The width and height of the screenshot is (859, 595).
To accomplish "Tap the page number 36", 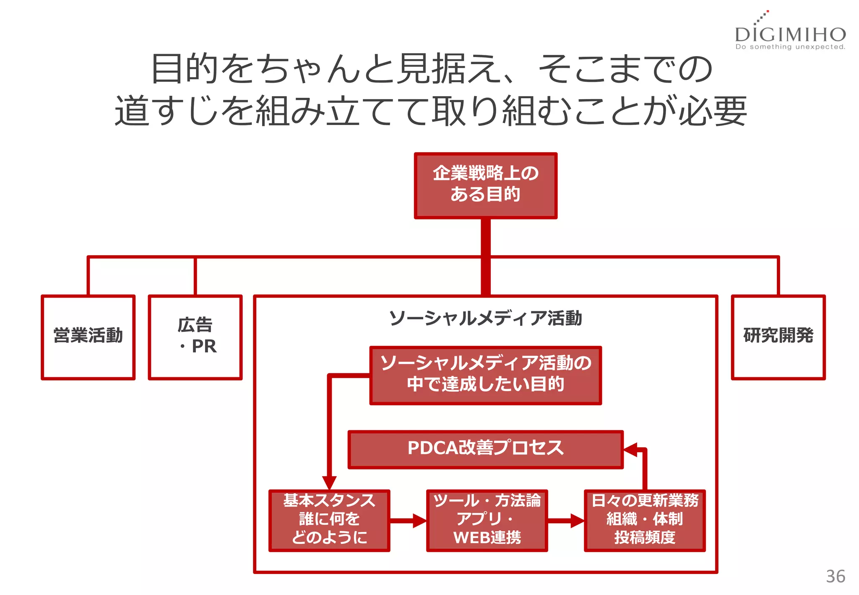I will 835,577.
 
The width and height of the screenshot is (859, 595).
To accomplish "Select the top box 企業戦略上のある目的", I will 485,185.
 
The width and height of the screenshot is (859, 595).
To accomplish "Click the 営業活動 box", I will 88,337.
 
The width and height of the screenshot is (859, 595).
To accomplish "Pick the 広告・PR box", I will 195,337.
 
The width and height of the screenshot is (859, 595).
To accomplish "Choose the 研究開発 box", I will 778,337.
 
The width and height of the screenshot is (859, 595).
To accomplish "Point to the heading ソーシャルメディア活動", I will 485,318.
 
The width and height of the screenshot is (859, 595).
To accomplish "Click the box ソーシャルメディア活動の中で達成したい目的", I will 485,375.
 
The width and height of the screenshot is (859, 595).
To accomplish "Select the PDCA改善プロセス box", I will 485,449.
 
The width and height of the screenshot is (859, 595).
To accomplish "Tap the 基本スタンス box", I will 329,520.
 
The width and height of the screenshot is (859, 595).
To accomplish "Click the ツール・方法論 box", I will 487,520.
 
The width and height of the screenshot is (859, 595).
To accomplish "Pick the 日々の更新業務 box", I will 645,520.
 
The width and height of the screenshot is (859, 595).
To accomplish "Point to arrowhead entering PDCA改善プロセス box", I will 630,449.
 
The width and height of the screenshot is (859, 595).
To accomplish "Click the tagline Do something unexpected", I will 790,47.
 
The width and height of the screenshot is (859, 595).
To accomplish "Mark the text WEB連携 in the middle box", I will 487,538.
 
